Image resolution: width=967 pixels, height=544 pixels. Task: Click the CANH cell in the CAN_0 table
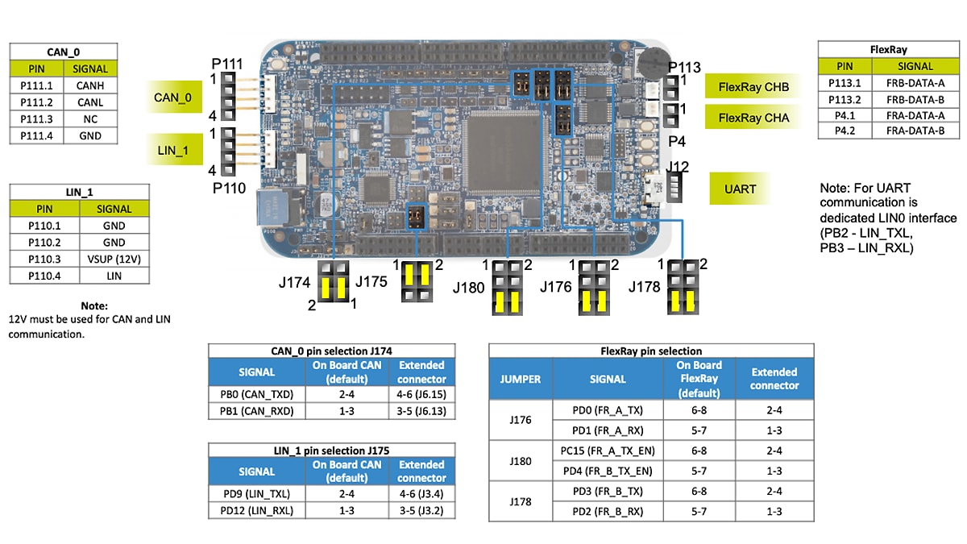90,85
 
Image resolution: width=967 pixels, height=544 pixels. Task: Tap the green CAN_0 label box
172,98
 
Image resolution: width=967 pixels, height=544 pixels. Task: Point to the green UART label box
740,189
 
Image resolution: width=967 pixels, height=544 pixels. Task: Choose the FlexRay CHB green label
753,87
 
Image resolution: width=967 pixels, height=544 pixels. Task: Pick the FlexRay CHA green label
753,118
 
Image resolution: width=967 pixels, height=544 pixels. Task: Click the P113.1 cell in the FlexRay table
845,83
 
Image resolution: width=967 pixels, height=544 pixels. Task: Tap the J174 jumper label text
294,282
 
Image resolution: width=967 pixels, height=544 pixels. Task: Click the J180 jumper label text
468,287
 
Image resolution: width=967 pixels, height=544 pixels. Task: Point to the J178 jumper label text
644,287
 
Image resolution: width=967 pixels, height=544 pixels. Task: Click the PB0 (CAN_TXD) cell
256,394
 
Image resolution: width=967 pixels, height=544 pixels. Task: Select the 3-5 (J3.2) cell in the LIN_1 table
421,510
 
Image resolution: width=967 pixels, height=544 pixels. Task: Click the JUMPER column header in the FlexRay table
520,379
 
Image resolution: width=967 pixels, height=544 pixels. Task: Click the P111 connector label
226,64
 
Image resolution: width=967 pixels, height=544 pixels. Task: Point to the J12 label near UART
679,167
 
